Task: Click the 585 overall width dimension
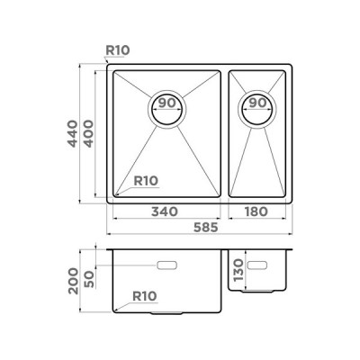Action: (205, 228)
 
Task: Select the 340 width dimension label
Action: (165, 211)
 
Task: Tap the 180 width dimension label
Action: (256, 211)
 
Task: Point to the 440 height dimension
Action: (72, 133)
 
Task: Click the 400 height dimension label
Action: (88, 133)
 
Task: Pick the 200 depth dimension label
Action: (73, 281)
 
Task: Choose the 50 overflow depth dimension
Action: (89, 278)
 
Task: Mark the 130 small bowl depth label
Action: (238, 270)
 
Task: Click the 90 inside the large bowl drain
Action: (166, 103)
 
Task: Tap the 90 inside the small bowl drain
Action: (258, 103)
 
